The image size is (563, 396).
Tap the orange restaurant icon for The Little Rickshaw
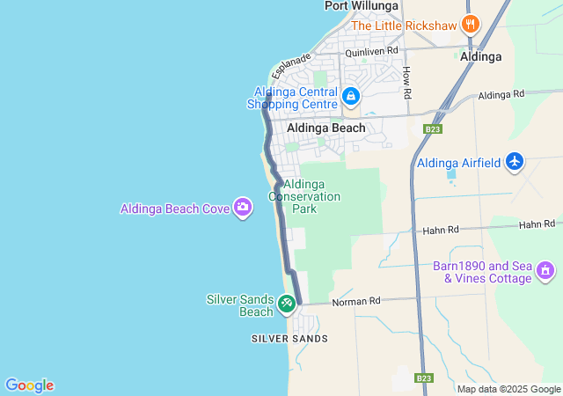pyautogui.click(x=470, y=25)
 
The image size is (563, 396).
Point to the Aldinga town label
pyautogui.click(x=481, y=56)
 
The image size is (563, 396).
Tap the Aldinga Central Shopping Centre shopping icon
pyautogui.click(x=350, y=96)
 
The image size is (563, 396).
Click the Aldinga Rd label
pyautogui.click(x=501, y=93)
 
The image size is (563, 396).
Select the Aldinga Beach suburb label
pyautogui.click(x=325, y=128)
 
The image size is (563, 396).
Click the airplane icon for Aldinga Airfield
pyautogui.click(x=515, y=162)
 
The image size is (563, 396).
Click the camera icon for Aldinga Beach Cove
pyautogui.click(x=243, y=209)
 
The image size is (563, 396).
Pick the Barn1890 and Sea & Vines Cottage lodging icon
pyautogui.click(x=545, y=270)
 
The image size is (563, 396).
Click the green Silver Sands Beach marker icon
pyautogui.click(x=286, y=304)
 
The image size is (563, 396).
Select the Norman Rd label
pyautogui.click(x=355, y=301)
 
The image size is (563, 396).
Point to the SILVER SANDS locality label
pyautogui.click(x=289, y=339)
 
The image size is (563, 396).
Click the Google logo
pyautogui.click(x=29, y=385)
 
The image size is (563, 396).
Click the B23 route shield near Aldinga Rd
pyautogui.click(x=431, y=129)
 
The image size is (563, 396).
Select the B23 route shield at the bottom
pyautogui.click(x=424, y=378)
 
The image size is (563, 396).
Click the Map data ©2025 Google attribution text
pyautogui.click(x=508, y=389)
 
